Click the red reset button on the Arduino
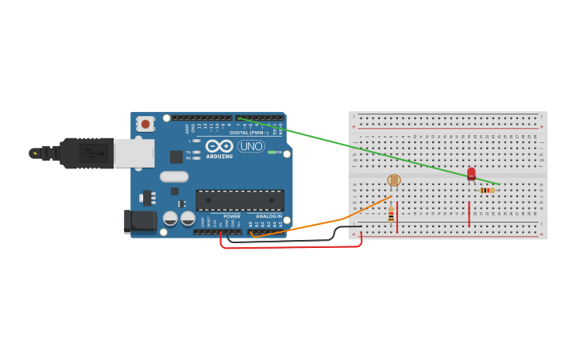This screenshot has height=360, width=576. click(x=145, y=123)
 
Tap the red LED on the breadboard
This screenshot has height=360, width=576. click(x=471, y=173)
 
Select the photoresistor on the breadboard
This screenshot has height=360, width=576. click(x=394, y=180)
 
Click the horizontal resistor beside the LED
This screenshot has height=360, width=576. click(x=487, y=190)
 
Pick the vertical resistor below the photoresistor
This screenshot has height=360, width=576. click(x=391, y=213)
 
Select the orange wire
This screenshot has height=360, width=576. click(x=318, y=224)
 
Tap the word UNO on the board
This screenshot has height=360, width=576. click(x=251, y=146)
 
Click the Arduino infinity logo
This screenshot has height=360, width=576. click(x=219, y=145)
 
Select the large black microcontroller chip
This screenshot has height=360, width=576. click(x=240, y=200)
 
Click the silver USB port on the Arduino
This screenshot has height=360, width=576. click(x=134, y=153)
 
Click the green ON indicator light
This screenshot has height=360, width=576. click(x=270, y=152)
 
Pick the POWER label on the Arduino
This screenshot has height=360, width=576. click(x=231, y=216)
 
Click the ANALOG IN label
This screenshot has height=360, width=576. click(x=268, y=216)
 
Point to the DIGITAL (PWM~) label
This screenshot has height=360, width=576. click(x=249, y=132)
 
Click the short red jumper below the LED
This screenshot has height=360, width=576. click(x=470, y=214)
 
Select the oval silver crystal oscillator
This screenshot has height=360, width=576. click(x=174, y=176)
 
